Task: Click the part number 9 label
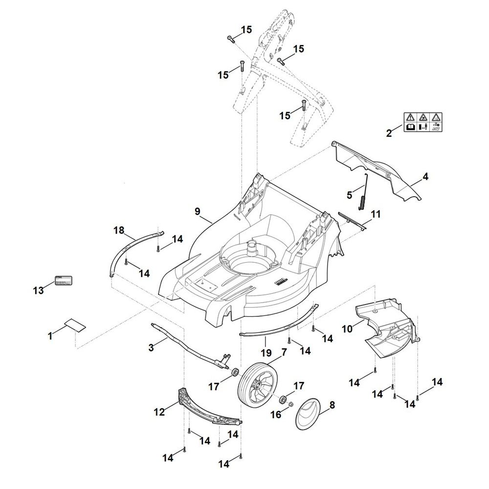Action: tap(197, 211)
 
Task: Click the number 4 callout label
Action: tap(425, 177)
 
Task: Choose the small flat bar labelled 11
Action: tap(352, 220)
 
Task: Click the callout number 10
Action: tap(347, 329)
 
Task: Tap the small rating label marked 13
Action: tap(64, 282)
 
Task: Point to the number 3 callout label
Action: tap(151, 347)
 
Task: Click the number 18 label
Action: tap(119, 230)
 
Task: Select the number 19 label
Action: tap(266, 353)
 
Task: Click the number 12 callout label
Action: tap(159, 412)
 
